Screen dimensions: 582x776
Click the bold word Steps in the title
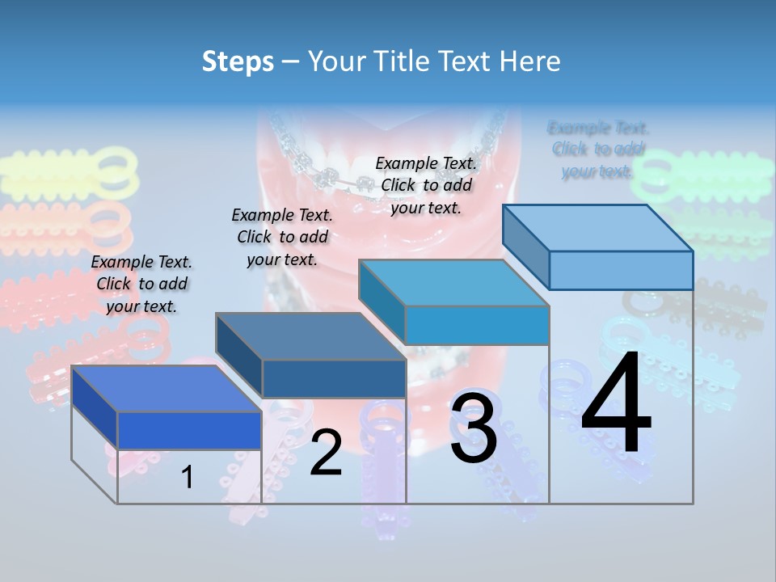click(238, 61)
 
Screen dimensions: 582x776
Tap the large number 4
click(616, 403)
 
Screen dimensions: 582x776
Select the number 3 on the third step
click(474, 428)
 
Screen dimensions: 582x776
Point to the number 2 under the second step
click(326, 453)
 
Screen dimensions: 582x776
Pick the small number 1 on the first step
click(188, 477)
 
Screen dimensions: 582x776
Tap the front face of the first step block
click(189, 430)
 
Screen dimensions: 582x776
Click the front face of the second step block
click(334, 378)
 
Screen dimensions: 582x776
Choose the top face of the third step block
click(453, 283)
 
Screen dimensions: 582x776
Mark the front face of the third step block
click(477, 325)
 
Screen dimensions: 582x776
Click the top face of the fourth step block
click(597, 227)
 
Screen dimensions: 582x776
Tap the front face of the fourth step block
click(621, 270)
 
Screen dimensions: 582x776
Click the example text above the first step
click(142, 284)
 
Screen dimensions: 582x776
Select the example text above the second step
click(282, 237)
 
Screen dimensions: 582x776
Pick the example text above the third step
click(426, 185)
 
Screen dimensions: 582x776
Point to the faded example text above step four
click(598, 149)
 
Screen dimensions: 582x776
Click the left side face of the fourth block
click(525, 247)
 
